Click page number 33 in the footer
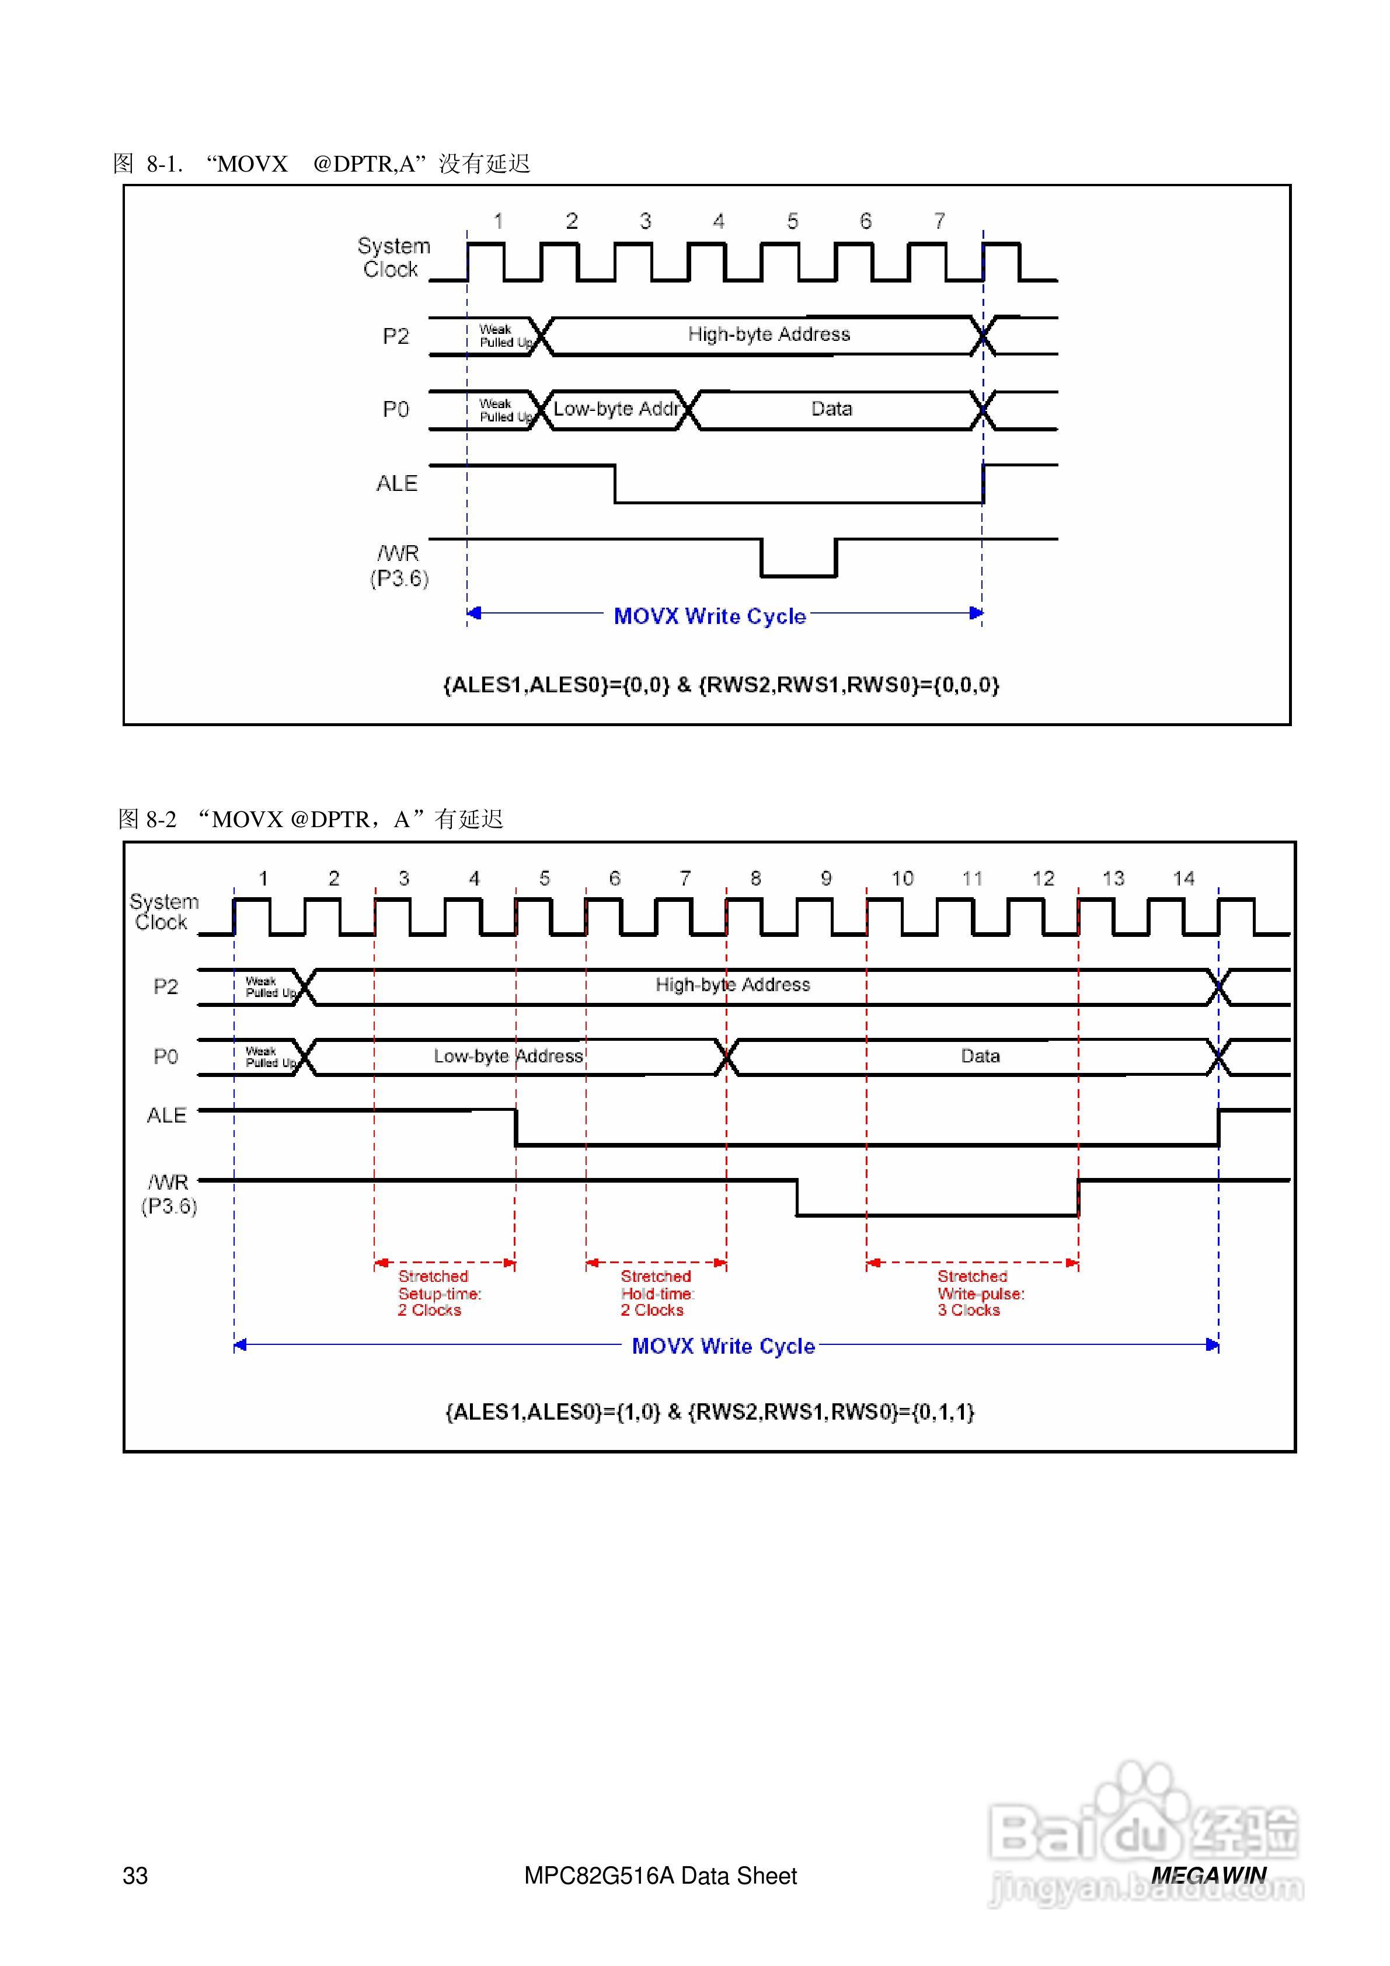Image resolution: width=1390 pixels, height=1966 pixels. click(135, 1876)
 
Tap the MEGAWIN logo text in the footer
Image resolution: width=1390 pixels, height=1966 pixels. click(1208, 1874)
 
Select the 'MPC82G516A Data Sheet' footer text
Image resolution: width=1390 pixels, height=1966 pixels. click(660, 1876)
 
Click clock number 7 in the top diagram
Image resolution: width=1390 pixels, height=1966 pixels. click(939, 221)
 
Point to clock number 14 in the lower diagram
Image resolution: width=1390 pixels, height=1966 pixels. click(1183, 878)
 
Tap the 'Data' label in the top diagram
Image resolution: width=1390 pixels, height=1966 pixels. click(831, 409)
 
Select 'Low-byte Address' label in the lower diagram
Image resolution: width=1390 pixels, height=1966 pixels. click(508, 1056)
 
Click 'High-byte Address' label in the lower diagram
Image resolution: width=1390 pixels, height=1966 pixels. click(732, 985)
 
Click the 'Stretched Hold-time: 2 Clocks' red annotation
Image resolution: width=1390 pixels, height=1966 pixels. click(656, 1293)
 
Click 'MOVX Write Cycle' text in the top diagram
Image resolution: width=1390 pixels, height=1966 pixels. click(709, 616)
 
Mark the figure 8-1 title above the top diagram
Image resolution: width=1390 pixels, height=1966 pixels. click(321, 163)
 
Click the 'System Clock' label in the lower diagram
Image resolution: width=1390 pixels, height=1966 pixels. click(163, 911)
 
